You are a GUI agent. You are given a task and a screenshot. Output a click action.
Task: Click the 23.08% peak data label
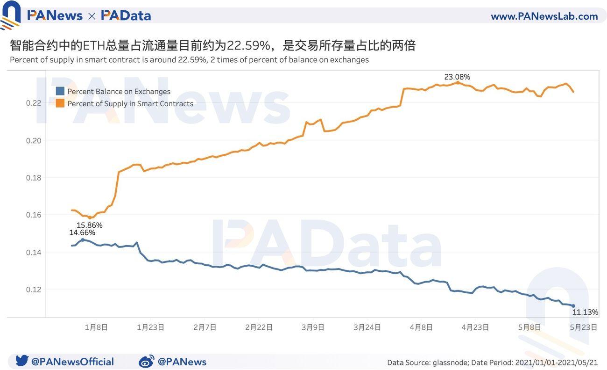tap(457, 77)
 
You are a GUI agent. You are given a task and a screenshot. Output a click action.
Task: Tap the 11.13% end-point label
tap(585, 312)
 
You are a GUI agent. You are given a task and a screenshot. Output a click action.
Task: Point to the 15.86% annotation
tap(89, 225)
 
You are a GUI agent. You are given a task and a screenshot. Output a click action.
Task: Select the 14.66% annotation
tap(82, 232)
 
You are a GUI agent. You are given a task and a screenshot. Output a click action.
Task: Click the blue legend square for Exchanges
tap(60, 91)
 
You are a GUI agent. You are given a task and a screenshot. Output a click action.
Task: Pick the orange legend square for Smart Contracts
tap(60, 103)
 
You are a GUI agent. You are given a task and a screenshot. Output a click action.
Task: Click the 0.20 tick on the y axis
tap(34, 140)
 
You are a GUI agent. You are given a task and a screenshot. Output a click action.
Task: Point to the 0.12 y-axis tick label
tap(34, 290)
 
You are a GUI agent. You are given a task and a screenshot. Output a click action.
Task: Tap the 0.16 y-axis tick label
tap(34, 215)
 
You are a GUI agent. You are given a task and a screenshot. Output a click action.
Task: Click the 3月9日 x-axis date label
tap(312, 327)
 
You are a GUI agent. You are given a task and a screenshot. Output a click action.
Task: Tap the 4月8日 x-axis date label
tap(421, 327)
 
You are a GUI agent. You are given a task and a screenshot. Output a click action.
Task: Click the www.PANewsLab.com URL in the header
tap(544, 16)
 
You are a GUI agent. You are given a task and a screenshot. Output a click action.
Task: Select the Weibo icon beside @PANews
tap(147, 361)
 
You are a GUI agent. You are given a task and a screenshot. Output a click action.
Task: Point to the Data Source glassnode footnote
tap(492, 363)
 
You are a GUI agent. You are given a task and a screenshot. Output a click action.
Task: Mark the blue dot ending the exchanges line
tap(573, 306)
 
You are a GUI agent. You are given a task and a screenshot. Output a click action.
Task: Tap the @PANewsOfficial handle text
tap(72, 362)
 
